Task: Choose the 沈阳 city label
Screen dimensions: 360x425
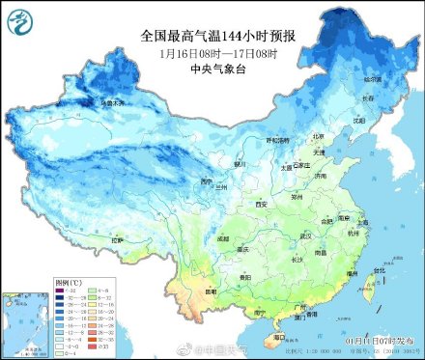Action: click(359, 121)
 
